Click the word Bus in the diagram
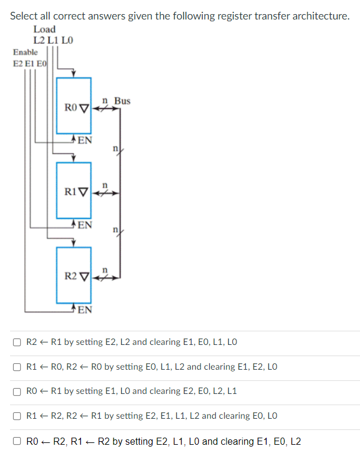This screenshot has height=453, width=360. (x=122, y=101)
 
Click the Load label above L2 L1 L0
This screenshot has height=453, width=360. (x=44, y=30)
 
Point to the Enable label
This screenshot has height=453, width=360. (x=25, y=52)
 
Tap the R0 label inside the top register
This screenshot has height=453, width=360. (x=70, y=107)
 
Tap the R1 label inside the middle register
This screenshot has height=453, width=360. (x=70, y=192)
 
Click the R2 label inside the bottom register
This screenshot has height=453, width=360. (x=70, y=276)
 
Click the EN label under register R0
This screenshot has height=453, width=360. (x=85, y=140)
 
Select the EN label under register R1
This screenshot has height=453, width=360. (x=85, y=224)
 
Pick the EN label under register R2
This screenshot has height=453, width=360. (x=85, y=309)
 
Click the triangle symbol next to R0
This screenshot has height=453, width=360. (x=84, y=108)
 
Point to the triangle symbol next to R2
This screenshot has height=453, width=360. (x=84, y=277)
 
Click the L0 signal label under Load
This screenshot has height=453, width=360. (x=67, y=40)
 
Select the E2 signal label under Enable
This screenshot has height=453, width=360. (x=18, y=64)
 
